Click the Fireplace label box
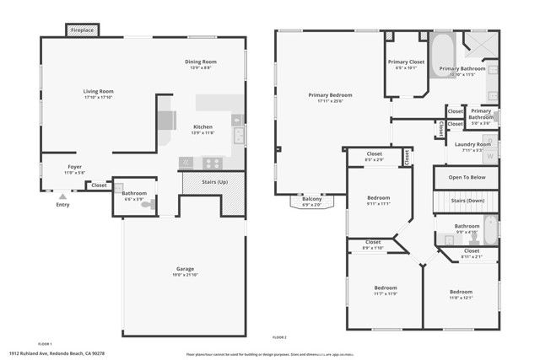pyautogui.click(x=83, y=30)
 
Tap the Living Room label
pyautogui.click(x=98, y=91)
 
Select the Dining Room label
pyautogui.click(x=202, y=62)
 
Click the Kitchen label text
pyautogui.click(x=203, y=126)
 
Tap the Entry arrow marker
pyautogui.click(x=62, y=196)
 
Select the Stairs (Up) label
pyautogui.click(x=211, y=181)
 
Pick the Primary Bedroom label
pyautogui.click(x=330, y=96)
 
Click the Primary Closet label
pyautogui.click(x=406, y=62)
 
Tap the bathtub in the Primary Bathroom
pyautogui.click(x=443, y=53)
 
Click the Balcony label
pyautogui.click(x=311, y=199)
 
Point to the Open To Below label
pyautogui.click(x=466, y=178)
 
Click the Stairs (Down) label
pyautogui.click(x=467, y=201)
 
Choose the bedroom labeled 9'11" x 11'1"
pyautogui.click(x=378, y=203)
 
